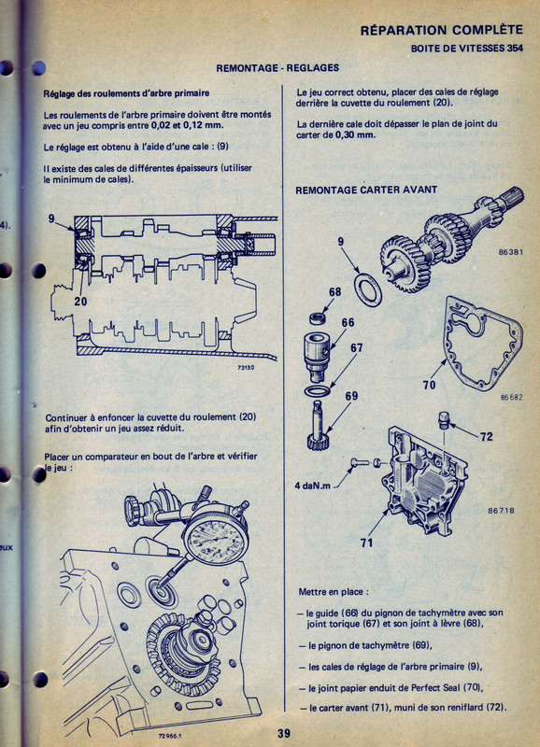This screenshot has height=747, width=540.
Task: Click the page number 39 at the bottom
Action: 284,733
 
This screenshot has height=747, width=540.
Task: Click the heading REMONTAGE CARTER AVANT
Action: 366,190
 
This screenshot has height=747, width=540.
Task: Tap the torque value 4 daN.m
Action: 313,486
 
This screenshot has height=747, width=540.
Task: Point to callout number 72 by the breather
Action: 486,436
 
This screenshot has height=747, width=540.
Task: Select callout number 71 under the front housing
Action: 366,543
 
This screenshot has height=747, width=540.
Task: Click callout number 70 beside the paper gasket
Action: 429,385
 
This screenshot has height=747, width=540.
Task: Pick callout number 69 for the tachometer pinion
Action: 351,396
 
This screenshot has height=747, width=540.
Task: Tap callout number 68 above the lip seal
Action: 334,291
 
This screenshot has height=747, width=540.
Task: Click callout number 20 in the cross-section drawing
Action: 80,301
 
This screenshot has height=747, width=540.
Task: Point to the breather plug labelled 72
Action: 444,421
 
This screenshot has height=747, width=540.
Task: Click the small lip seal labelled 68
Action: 319,317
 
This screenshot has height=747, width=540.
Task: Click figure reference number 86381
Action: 510,252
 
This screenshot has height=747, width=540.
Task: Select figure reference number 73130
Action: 246,368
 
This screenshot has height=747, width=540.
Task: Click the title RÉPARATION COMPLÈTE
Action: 442,30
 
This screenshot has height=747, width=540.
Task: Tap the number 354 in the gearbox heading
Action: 515,49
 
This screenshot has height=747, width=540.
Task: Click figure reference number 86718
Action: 501,510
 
